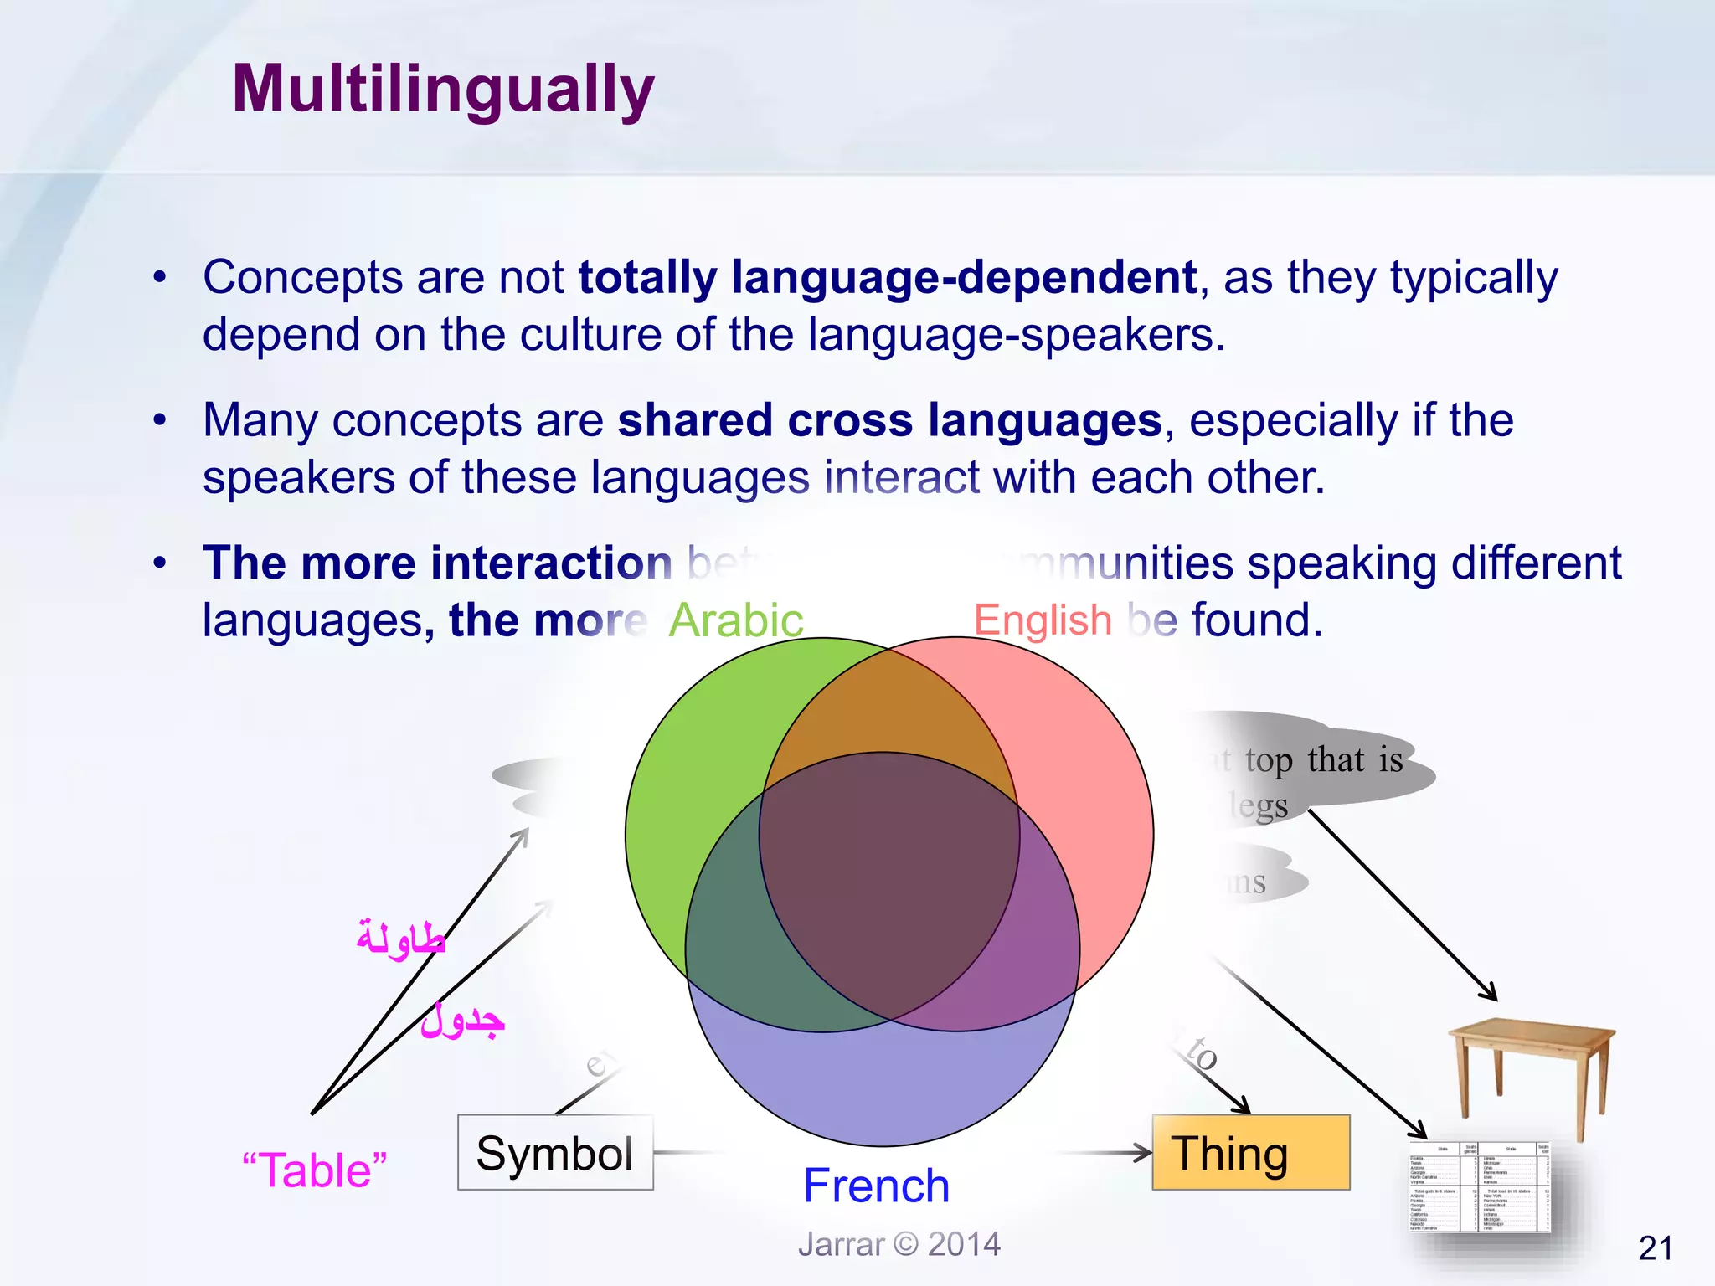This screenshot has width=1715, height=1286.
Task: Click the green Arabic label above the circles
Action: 735,620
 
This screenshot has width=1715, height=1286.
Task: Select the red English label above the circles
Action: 1042,620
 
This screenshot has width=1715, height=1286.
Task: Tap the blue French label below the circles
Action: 876,1186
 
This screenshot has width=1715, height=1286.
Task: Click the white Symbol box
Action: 554,1153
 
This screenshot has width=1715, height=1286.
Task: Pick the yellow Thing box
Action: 1250,1153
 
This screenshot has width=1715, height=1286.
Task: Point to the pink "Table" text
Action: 315,1170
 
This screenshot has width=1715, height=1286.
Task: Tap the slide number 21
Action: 1655,1248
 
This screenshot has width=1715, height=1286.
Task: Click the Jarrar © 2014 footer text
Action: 899,1244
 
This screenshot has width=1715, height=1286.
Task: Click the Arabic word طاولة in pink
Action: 400,939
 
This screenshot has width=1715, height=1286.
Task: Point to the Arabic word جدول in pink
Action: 462,1021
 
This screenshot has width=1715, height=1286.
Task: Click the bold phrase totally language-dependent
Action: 887,278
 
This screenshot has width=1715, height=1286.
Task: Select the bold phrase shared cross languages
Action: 889,420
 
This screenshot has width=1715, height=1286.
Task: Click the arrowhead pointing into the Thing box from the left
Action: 1144,1153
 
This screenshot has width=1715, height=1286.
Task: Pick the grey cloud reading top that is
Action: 1323,760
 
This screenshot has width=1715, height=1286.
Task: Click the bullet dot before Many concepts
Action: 160,420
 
